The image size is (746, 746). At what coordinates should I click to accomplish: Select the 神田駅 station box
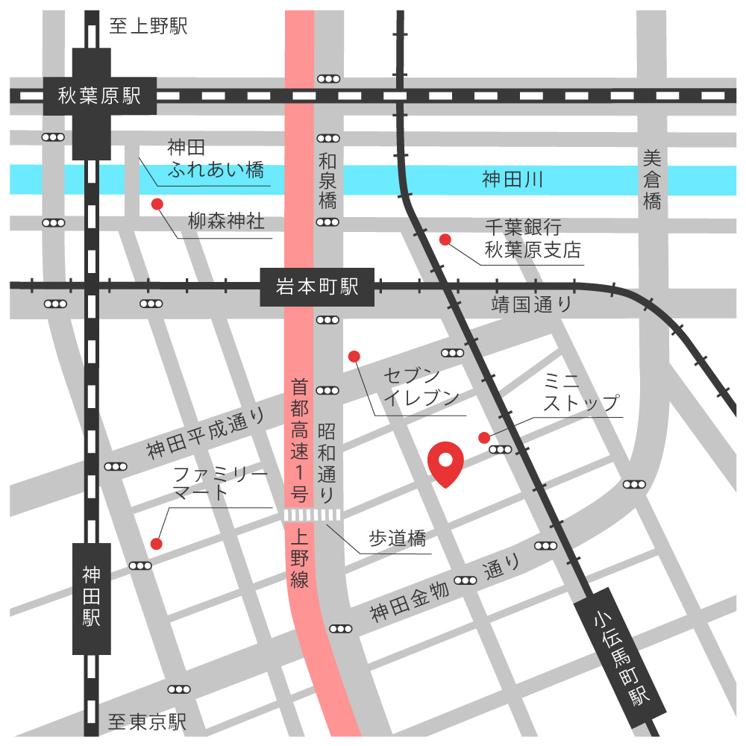91,597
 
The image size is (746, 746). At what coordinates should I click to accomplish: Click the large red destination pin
446,463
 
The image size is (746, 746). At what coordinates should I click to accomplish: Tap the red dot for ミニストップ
484,437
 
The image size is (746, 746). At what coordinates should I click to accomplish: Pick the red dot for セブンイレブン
354,357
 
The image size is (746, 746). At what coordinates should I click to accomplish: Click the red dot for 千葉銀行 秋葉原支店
445,239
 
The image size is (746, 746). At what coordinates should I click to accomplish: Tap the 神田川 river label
511,179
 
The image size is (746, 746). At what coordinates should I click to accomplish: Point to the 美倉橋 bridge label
653,179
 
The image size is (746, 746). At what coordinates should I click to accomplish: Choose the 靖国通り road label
531,304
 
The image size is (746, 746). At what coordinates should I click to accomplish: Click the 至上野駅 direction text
148,28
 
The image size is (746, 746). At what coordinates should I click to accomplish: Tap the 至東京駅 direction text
147,722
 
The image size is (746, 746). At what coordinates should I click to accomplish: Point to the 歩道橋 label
397,538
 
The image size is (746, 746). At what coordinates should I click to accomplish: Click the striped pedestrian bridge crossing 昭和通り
313,515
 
